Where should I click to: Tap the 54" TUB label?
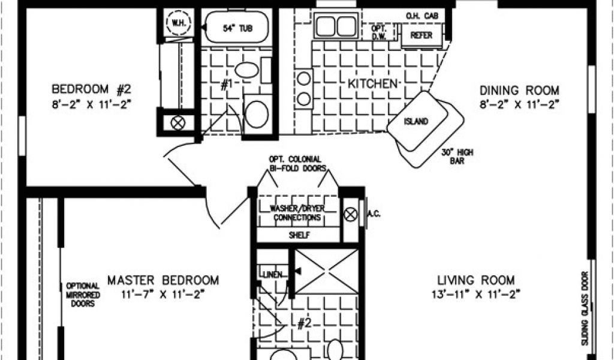point(237,28)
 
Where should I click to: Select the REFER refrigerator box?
point(422,35)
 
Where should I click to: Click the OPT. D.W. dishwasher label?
point(378,32)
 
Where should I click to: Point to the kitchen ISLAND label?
point(416,121)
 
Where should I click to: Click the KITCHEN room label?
point(372,83)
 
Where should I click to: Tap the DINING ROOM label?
point(519,91)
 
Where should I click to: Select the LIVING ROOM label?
point(475,280)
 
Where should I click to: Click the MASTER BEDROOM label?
point(163,280)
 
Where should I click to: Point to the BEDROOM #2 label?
point(91,90)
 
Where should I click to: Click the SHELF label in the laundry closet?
point(299,235)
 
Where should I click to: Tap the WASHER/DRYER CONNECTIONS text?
point(297,213)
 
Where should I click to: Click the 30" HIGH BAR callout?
point(457,157)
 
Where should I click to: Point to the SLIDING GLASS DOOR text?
point(585,308)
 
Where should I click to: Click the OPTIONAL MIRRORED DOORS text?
point(83,295)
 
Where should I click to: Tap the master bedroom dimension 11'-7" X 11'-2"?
point(163,294)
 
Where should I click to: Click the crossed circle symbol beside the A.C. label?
point(350,214)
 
